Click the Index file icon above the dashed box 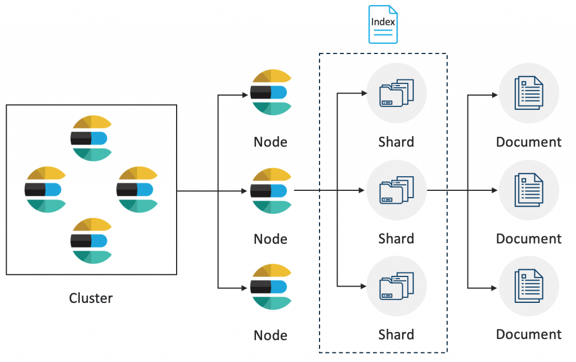coord(383,25)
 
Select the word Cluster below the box coord(91,298)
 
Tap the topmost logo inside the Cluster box coord(91,138)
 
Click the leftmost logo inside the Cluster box coord(45,190)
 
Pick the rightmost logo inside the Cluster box coord(137,190)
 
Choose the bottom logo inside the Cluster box coord(91,241)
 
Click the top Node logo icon coord(271,92)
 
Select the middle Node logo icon coord(271,190)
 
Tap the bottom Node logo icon coord(271,287)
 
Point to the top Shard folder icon coord(396,93)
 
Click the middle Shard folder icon coord(396,190)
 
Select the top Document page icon coord(529,93)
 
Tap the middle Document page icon coord(529,190)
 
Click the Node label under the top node coord(271,142)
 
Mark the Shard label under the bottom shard coord(396,335)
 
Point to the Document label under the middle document coord(529,239)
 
